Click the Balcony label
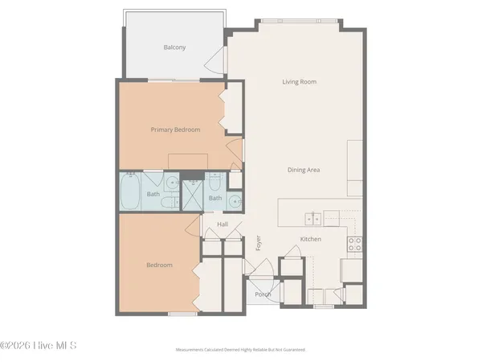(174, 47)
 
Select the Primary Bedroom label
(175, 129)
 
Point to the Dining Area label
(304, 170)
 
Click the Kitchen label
(311, 240)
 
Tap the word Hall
(223, 224)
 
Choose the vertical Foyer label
(259, 241)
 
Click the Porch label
(263, 294)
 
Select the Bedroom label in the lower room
(159, 265)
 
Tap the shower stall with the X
(193, 195)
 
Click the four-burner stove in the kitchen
(354, 243)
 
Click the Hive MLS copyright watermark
(38, 346)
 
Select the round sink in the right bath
(234, 201)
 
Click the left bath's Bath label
(153, 194)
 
